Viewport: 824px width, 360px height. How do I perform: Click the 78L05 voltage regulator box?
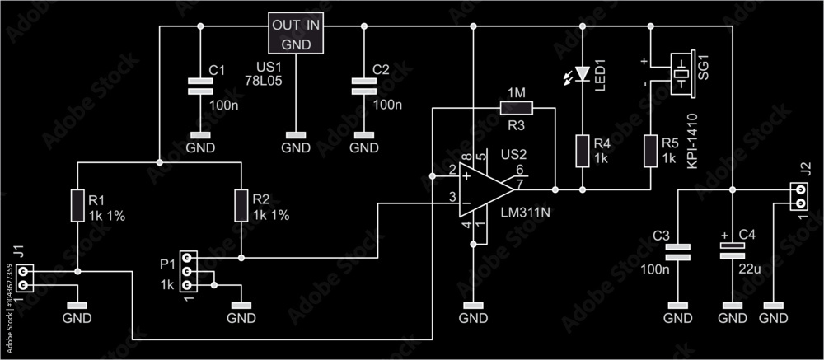point(295,34)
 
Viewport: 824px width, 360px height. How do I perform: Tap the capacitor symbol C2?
point(361,86)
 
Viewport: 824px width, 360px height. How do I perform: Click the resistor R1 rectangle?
point(77,205)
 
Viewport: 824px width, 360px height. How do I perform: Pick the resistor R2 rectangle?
point(241,205)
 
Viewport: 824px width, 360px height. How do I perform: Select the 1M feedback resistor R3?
point(516,107)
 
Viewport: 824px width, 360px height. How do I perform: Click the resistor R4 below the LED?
point(582,151)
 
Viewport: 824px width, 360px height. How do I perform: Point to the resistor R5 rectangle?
point(650,151)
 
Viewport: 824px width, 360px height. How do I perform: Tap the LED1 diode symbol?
point(582,73)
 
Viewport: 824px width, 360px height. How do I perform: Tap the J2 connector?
point(798,197)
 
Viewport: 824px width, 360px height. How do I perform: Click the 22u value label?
point(749,268)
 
